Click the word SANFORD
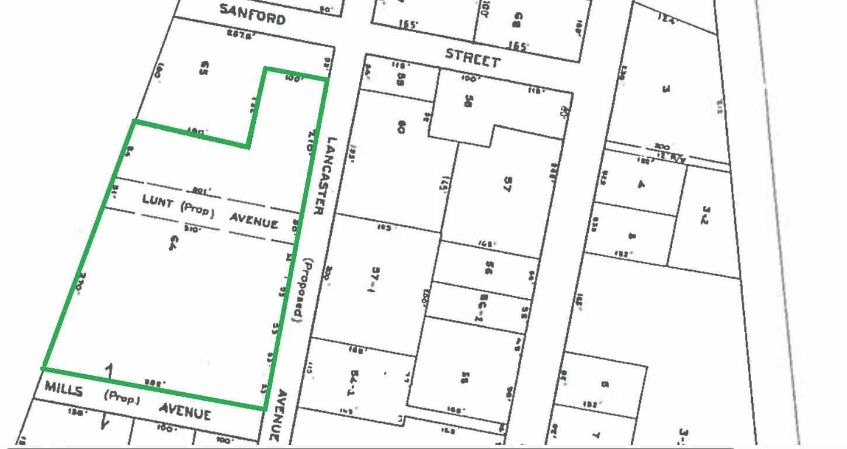(x=252, y=14)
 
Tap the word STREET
(x=473, y=57)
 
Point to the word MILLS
(x=64, y=389)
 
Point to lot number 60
(x=401, y=126)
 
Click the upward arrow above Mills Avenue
(x=109, y=371)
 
